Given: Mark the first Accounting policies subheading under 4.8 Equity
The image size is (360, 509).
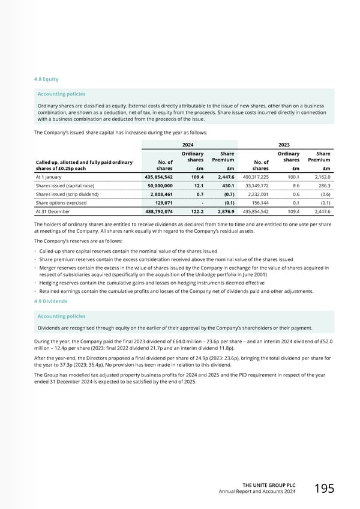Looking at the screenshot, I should (x=62, y=94).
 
